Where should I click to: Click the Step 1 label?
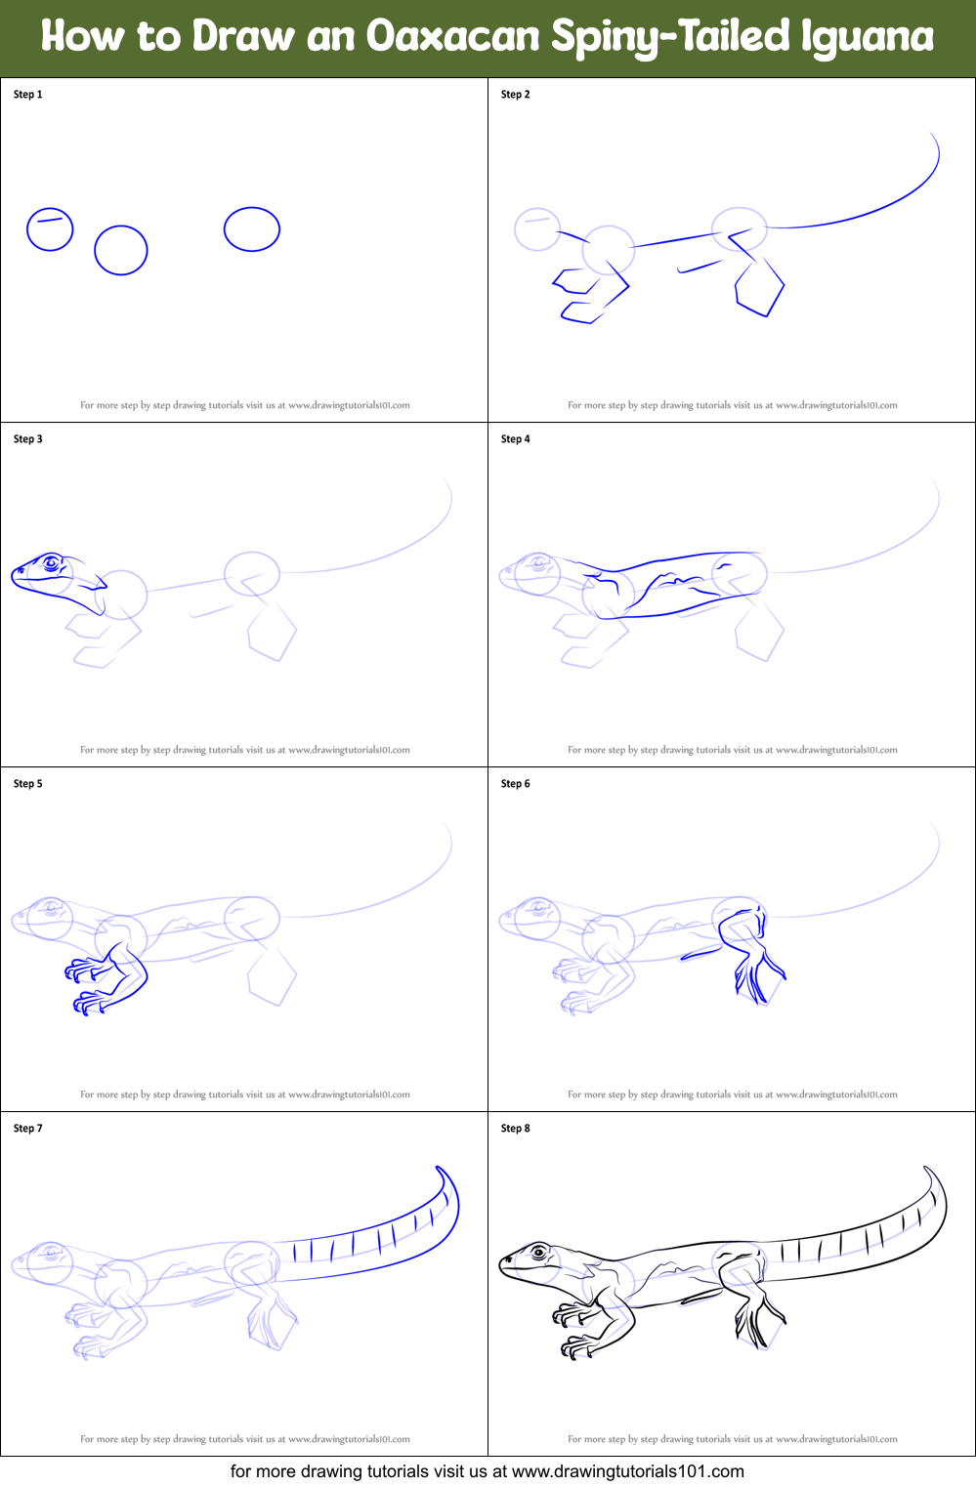(x=27, y=95)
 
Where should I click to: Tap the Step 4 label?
(x=515, y=439)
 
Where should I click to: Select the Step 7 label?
(x=27, y=1129)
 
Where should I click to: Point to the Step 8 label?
(x=515, y=1129)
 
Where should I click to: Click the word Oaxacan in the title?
(x=452, y=37)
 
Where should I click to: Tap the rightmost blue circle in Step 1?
(x=252, y=229)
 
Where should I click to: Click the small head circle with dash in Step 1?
(x=50, y=229)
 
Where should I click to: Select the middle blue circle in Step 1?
(x=121, y=250)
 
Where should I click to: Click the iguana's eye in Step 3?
(x=51, y=562)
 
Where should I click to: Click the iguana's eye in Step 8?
(x=538, y=1252)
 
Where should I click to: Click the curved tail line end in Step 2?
(x=933, y=137)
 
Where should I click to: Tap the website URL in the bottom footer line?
(x=627, y=1471)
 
